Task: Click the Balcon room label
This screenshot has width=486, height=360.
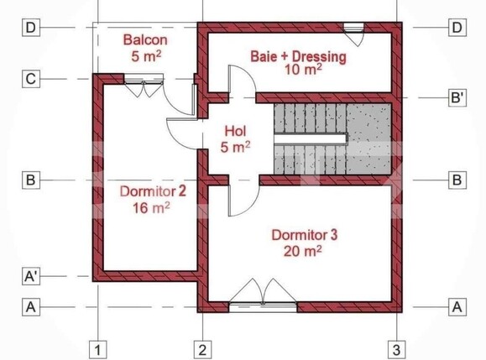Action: click(x=145, y=39)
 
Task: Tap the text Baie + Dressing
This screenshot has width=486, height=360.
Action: click(x=298, y=56)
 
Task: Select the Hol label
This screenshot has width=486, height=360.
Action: click(x=236, y=131)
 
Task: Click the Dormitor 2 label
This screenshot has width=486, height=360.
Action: click(x=142, y=190)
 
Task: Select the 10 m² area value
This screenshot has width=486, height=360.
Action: click(x=298, y=70)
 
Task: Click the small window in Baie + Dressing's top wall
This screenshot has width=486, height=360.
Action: click(x=353, y=27)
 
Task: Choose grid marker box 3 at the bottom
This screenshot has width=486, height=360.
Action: click(x=397, y=349)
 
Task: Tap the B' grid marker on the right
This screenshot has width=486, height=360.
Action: click(x=457, y=98)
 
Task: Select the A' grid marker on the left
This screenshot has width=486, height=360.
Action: click(x=30, y=274)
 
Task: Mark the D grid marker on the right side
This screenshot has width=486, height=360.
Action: click(x=457, y=28)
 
